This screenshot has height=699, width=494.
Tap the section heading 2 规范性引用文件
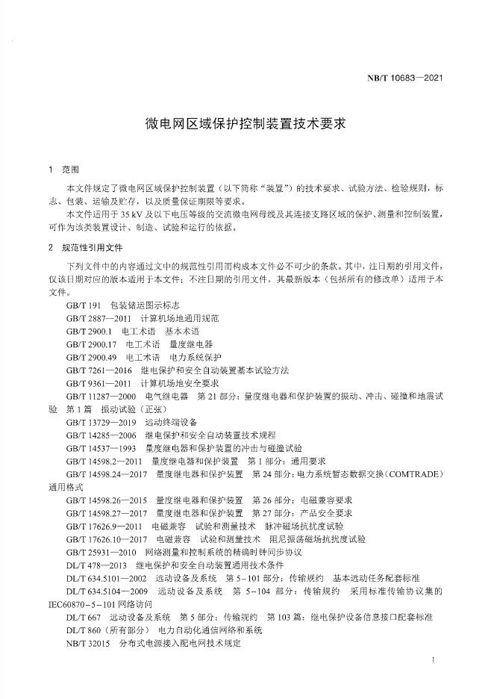(84, 247)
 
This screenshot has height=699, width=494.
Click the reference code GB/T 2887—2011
(99, 318)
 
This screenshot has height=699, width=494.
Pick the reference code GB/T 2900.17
(91, 344)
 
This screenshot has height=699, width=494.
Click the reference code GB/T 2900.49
(91, 357)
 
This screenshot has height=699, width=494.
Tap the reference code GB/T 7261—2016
(99, 370)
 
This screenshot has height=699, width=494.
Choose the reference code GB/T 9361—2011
(99, 383)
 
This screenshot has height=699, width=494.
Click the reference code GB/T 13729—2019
(101, 422)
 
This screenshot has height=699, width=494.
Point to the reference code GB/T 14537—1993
(101, 448)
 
